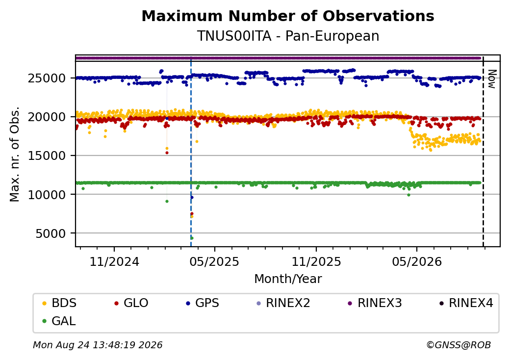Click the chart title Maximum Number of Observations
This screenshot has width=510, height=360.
point(288,16)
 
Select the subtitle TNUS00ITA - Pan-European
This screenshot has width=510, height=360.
point(288,36)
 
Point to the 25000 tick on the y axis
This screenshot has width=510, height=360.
point(47,78)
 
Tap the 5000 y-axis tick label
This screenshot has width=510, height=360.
point(51,233)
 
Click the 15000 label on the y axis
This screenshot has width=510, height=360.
point(47,156)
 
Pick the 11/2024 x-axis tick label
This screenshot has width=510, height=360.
point(114,262)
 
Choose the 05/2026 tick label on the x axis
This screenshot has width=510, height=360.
point(417,262)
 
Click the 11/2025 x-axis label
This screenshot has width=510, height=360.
point(316,262)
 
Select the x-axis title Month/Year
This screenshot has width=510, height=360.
point(288,279)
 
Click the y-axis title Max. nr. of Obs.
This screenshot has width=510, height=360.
point(15,154)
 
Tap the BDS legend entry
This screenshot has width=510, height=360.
point(59,303)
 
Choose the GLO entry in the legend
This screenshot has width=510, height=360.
point(131,303)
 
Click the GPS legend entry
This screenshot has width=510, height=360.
point(203,303)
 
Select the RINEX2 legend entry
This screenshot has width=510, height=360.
point(283,303)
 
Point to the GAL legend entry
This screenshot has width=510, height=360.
point(59,321)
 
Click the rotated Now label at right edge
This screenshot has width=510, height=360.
point(492,79)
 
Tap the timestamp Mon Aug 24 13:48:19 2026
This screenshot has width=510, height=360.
point(98,345)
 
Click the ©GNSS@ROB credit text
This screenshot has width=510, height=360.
point(459,345)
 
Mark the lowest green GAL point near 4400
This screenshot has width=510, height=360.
point(192,238)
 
